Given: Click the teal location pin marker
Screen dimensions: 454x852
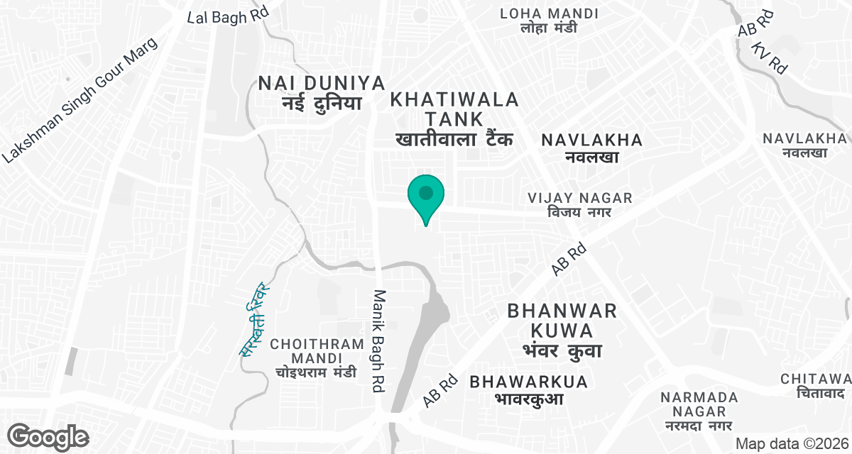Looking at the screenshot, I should pyautogui.click(x=425, y=195).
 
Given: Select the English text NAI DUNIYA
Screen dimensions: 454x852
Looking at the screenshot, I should pyautogui.click(x=312, y=83).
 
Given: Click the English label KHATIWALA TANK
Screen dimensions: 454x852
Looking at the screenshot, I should pyautogui.click(x=455, y=109).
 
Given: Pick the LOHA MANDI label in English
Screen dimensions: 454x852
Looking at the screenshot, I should pyautogui.click(x=549, y=13).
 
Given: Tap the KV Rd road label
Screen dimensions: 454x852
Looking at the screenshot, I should pyautogui.click(x=770, y=57).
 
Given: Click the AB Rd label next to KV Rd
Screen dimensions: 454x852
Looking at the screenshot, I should pyautogui.click(x=755, y=24).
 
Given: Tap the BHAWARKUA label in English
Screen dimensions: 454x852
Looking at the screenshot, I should pyautogui.click(x=529, y=382).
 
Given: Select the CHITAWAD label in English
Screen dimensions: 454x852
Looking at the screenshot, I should pyautogui.click(x=816, y=379).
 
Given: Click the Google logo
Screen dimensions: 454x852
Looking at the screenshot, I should pyautogui.click(x=48, y=436).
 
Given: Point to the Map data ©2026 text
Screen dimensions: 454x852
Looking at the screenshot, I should pyautogui.click(x=791, y=443).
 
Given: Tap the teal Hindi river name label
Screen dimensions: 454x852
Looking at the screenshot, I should pyautogui.click(x=253, y=319).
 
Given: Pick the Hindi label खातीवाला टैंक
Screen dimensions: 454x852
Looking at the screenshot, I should pyautogui.click(x=454, y=139).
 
